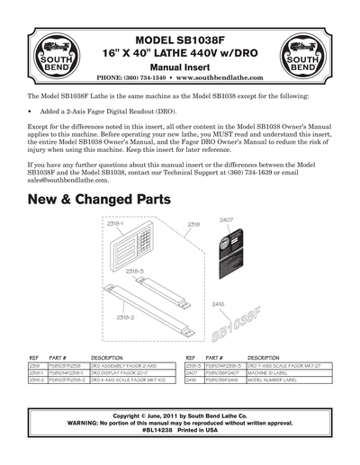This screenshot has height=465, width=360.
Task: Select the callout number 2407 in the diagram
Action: pos(226,219)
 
